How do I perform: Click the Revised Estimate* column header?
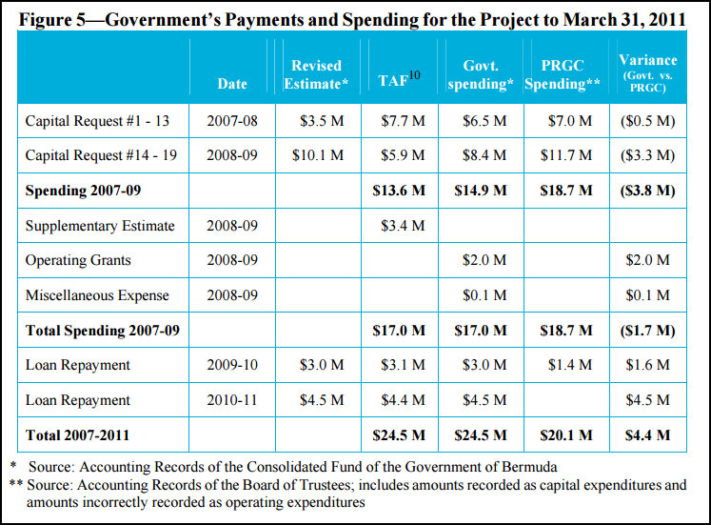316,74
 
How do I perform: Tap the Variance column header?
648,73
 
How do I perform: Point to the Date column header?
231,84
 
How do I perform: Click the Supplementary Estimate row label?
100,226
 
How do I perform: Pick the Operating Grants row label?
78,260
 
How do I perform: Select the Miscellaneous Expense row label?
97,295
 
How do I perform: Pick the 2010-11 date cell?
231,400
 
